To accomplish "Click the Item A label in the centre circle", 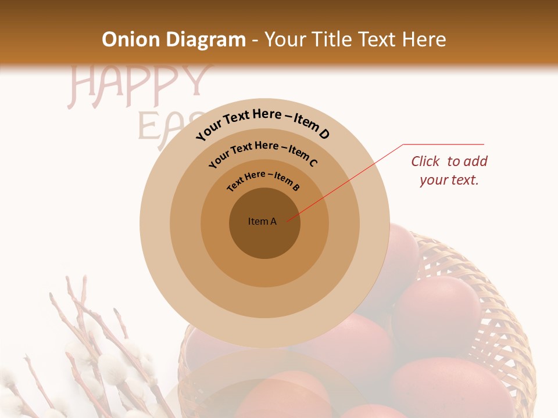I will [x=262, y=221].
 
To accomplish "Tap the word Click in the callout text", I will [x=426, y=161].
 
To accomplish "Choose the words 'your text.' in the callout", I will [x=449, y=180].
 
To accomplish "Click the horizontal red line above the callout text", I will [x=443, y=144].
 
